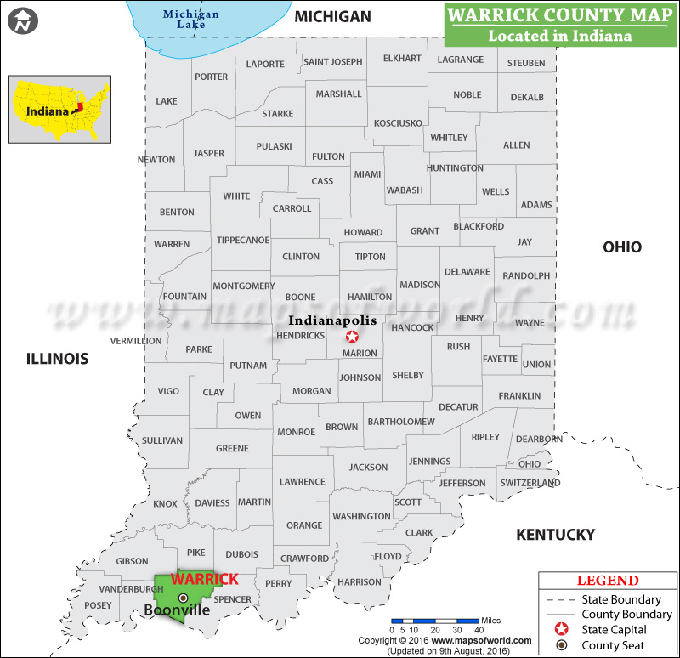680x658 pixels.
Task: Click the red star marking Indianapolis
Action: pos(352,337)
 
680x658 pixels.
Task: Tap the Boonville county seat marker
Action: pos(183,598)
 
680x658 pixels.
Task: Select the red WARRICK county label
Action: pos(205,579)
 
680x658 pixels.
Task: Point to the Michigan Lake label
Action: pos(191,19)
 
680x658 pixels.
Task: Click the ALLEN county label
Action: pos(516,145)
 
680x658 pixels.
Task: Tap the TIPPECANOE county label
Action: pos(243,240)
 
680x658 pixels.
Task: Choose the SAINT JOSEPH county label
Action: pos(333,61)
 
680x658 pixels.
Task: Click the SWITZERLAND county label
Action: pos(530,483)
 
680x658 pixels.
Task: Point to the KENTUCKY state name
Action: pos(556,535)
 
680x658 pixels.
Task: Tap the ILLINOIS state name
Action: pos(57,359)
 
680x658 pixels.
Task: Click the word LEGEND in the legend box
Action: pos(608,581)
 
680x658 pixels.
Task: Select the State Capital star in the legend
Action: pos(560,630)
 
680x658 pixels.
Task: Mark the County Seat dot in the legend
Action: pos(560,646)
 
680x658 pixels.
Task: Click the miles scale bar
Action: pos(433,621)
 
